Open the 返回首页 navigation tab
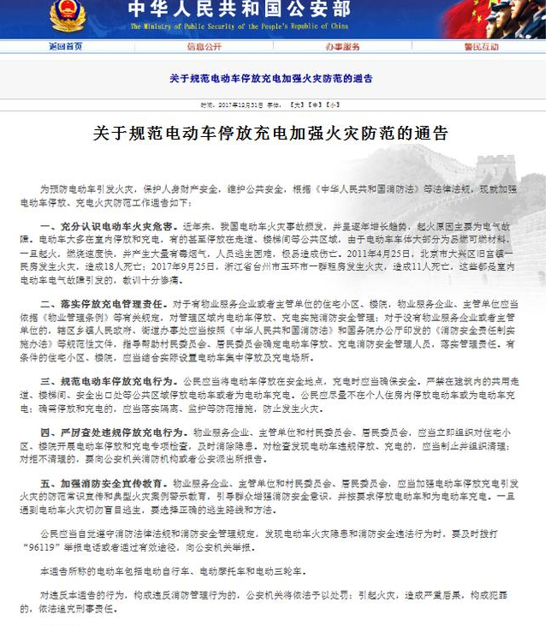coord(66,45)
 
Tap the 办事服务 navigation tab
coord(343,45)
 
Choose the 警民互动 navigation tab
coord(481,45)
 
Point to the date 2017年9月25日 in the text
coord(167,266)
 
